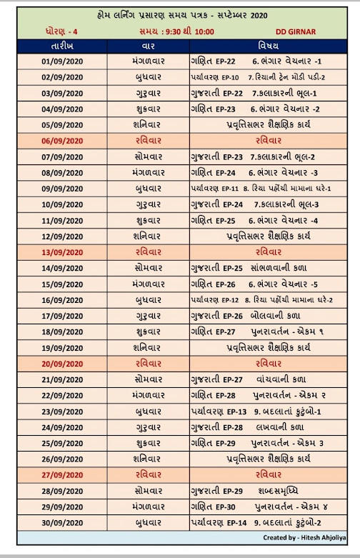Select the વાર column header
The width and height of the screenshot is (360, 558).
point(149,46)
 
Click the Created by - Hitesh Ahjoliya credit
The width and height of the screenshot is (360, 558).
point(306,537)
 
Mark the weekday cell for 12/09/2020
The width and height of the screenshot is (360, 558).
point(149,236)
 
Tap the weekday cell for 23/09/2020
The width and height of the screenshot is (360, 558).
point(149,411)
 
